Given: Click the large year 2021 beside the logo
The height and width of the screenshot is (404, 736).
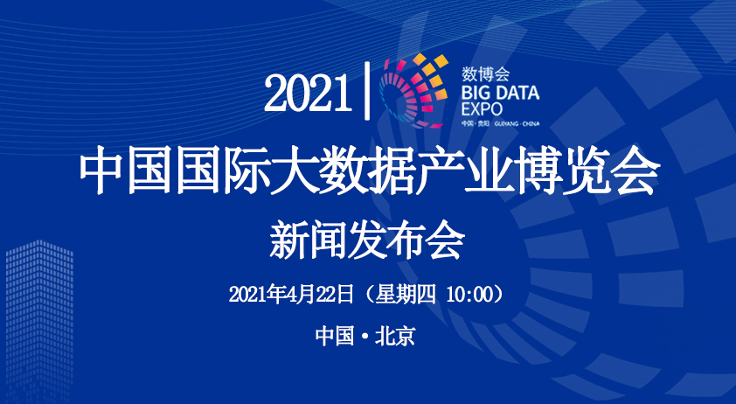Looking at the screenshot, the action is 308,93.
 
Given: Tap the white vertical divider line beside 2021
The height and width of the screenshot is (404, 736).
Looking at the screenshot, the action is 367,91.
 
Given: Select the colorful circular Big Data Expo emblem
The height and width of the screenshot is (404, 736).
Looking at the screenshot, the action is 413,91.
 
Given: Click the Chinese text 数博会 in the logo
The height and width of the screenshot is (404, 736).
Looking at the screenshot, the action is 485,73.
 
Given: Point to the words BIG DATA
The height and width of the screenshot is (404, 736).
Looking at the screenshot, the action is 500,93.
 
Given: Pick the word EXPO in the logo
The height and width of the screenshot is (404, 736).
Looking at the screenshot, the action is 482,109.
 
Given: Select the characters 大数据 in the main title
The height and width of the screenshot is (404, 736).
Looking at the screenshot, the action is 344,171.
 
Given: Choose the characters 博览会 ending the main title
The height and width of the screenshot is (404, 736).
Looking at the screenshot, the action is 586,171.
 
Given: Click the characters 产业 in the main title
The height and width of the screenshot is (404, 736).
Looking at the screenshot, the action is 464,171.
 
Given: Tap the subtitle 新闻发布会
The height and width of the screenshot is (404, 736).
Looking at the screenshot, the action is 367,241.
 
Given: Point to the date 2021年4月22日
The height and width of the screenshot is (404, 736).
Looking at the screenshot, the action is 291,295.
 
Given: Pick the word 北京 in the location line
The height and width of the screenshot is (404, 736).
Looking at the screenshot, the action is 395,337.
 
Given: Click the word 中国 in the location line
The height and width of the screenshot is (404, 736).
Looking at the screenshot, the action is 335,337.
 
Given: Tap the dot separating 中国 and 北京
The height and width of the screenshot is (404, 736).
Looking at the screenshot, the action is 365,338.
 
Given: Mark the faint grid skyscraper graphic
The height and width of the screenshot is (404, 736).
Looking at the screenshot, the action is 39,322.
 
